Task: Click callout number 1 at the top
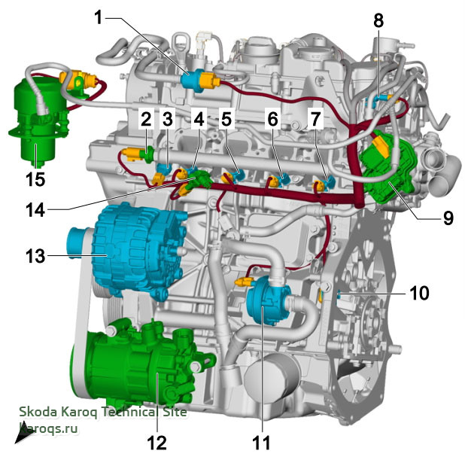[98, 17]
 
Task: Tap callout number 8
[378, 21]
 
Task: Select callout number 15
[35, 179]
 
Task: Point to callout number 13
[35, 256]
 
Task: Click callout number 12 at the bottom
[157, 443]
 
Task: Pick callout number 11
[262, 443]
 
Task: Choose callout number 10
[419, 293]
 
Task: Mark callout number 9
[448, 218]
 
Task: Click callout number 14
[35, 210]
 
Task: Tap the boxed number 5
[226, 119]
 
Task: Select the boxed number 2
[146, 119]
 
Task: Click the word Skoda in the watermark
[38, 412]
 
